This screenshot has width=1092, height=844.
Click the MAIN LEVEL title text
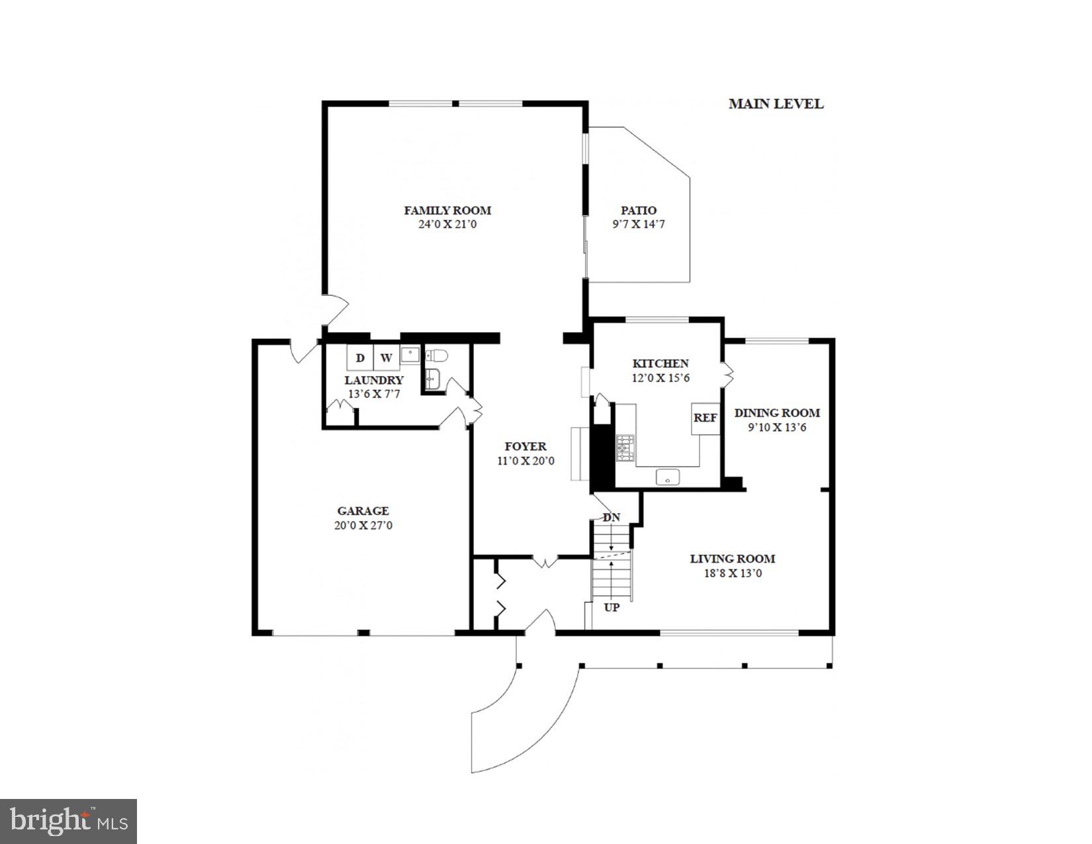(776, 104)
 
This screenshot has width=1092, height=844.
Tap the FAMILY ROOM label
(447, 211)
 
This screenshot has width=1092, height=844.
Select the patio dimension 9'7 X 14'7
(638, 224)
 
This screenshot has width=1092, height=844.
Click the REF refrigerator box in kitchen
(705, 418)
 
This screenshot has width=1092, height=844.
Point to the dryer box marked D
(360, 358)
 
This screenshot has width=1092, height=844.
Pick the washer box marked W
(386, 358)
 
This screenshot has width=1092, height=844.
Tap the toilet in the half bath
(437, 356)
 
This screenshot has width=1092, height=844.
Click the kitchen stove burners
(625, 448)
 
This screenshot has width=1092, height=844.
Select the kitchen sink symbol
(668, 476)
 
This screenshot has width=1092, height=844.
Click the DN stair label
(612, 517)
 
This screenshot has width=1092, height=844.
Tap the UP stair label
(612, 607)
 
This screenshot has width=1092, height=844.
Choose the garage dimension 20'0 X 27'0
(363, 526)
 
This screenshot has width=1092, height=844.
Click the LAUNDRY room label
(374, 381)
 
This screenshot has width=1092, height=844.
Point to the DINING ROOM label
(777, 413)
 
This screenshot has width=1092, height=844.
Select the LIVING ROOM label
(732, 559)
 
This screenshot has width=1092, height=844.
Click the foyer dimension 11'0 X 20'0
(525, 461)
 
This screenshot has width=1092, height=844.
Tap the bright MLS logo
(69, 821)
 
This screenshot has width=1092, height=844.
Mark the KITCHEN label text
(660, 363)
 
